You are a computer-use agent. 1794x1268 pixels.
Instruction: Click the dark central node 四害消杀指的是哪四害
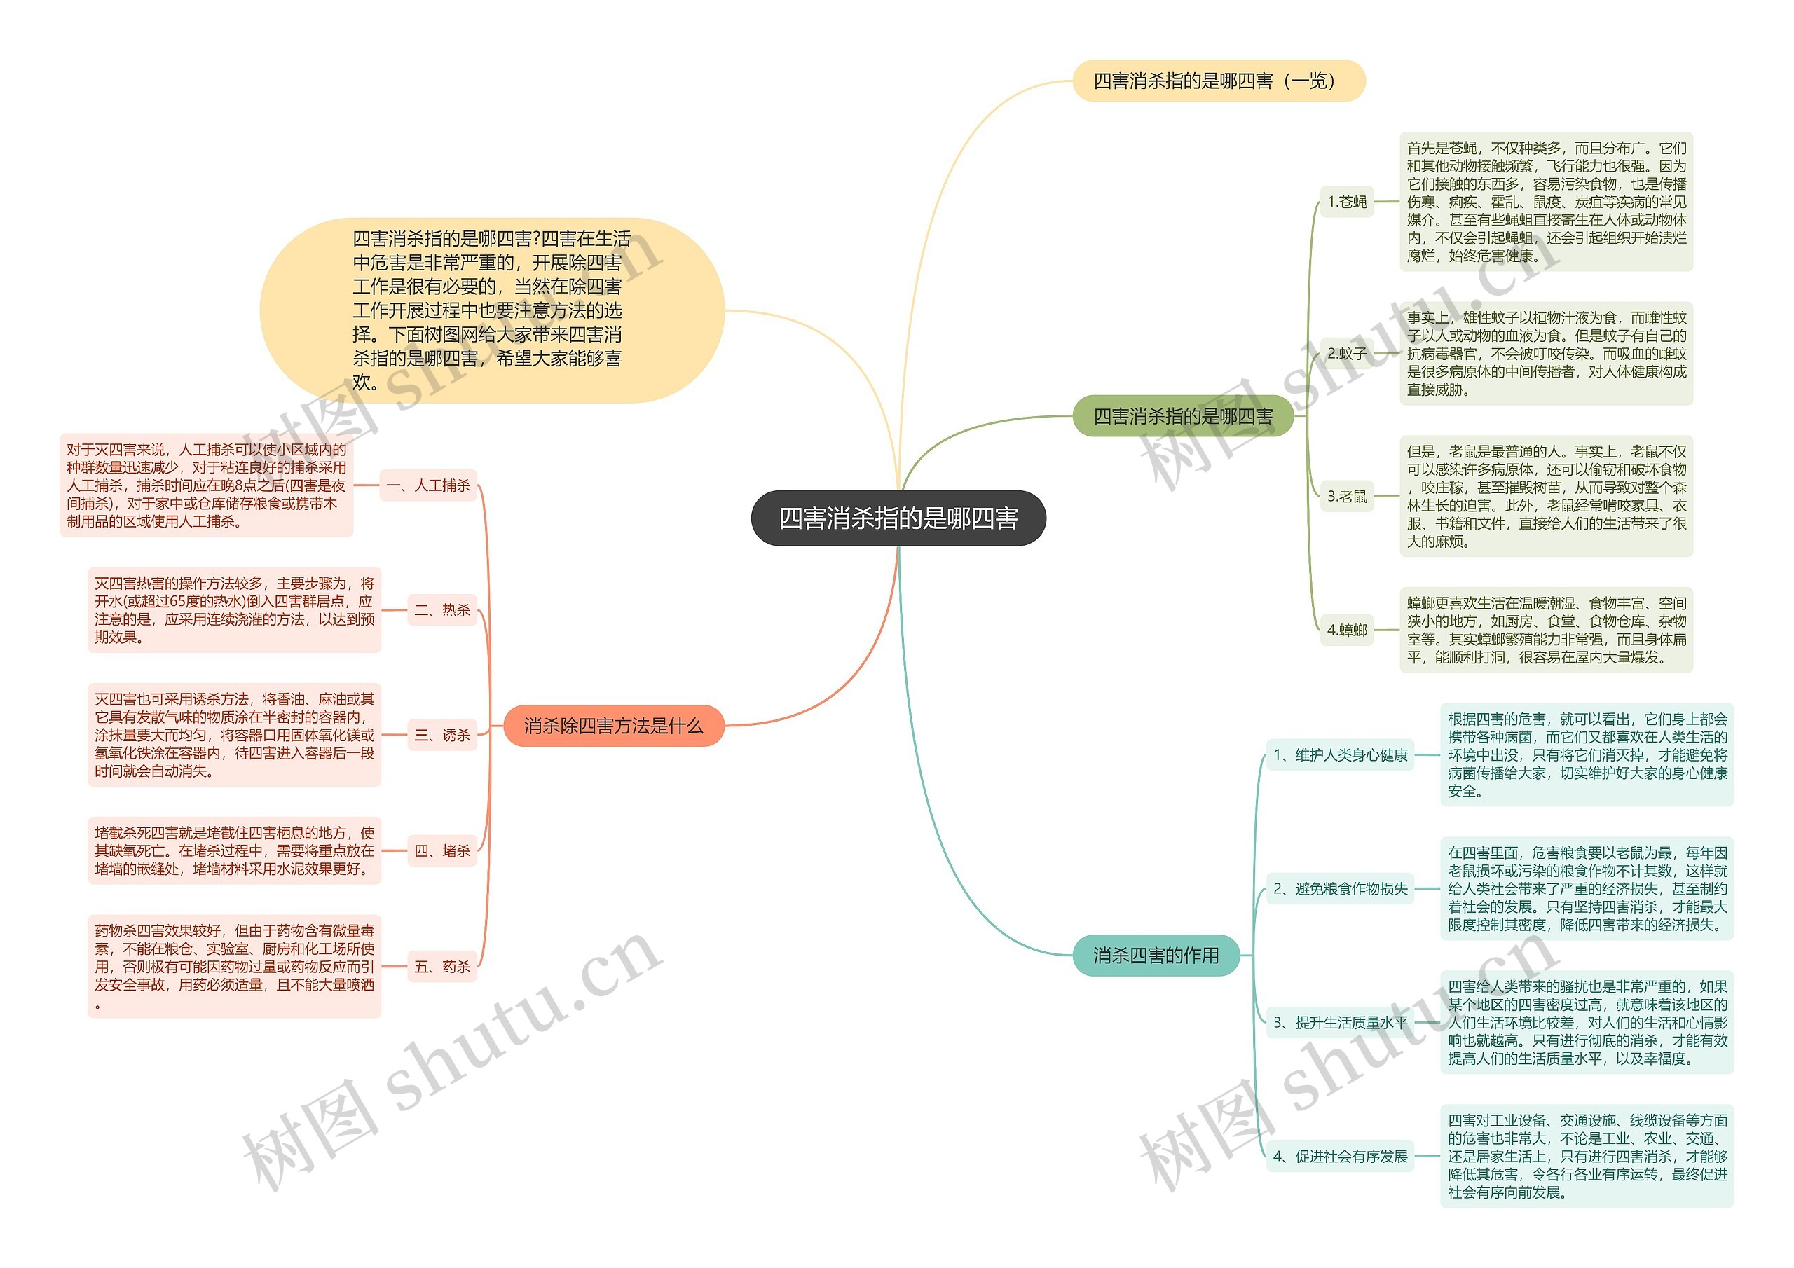(x=898, y=518)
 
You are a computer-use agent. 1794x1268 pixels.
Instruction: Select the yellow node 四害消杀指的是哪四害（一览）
(x=1218, y=81)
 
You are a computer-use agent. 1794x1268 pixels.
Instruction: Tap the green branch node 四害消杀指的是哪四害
(x=1182, y=416)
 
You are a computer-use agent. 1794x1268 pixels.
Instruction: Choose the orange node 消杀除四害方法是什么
(x=613, y=726)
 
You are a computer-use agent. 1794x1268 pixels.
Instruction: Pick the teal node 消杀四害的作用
(x=1156, y=955)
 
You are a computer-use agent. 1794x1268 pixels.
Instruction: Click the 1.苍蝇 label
(x=1347, y=202)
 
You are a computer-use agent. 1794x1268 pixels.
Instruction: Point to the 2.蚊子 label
(x=1347, y=353)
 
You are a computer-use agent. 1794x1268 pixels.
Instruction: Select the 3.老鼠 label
(x=1347, y=496)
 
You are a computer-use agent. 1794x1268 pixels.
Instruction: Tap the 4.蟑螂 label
(x=1347, y=630)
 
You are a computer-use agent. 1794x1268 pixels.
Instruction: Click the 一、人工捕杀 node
(x=428, y=485)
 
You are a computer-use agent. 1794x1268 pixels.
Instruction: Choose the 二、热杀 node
(x=442, y=610)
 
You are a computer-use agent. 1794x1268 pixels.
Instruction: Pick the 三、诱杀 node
(x=442, y=735)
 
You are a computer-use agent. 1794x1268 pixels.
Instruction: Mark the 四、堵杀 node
(x=442, y=850)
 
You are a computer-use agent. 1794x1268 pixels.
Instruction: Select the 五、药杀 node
(x=442, y=967)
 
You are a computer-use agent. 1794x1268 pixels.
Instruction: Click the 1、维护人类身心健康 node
(x=1340, y=754)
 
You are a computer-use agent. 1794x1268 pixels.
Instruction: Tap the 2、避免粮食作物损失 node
(x=1340, y=888)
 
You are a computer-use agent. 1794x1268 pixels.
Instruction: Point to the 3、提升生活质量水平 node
(x=1340, y=1022)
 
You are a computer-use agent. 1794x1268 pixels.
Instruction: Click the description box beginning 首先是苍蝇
(x=1547, y=202)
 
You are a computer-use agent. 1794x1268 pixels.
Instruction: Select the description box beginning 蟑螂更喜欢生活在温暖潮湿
(x=1547, y=630)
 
